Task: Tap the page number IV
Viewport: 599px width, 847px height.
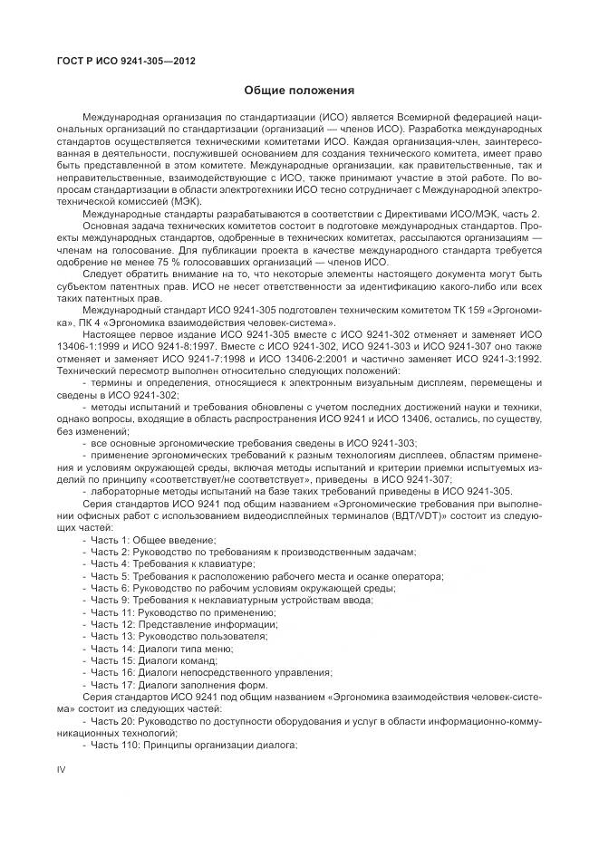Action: coord(62,770)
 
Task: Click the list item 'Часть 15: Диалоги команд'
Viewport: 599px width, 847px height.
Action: coord(145,659)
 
